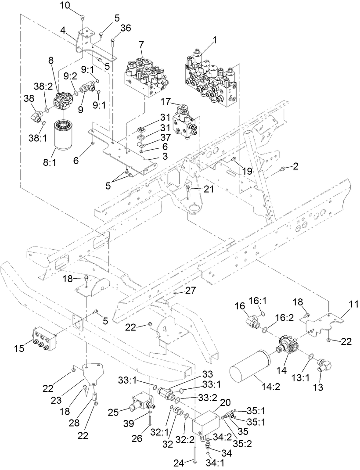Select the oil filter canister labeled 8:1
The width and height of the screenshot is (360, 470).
[x=64, y=134]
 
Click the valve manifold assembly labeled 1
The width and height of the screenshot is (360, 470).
[x=211, y=81]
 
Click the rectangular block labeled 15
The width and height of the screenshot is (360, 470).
[x=44, y=337]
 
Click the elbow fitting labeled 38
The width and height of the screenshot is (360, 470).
[x=35, y=116]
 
